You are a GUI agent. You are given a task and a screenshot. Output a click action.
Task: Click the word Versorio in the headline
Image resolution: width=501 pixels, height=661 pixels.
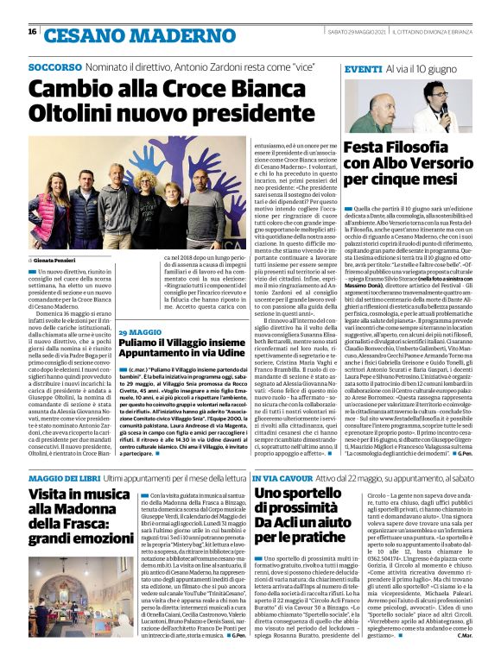click(x=438, y=164)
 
